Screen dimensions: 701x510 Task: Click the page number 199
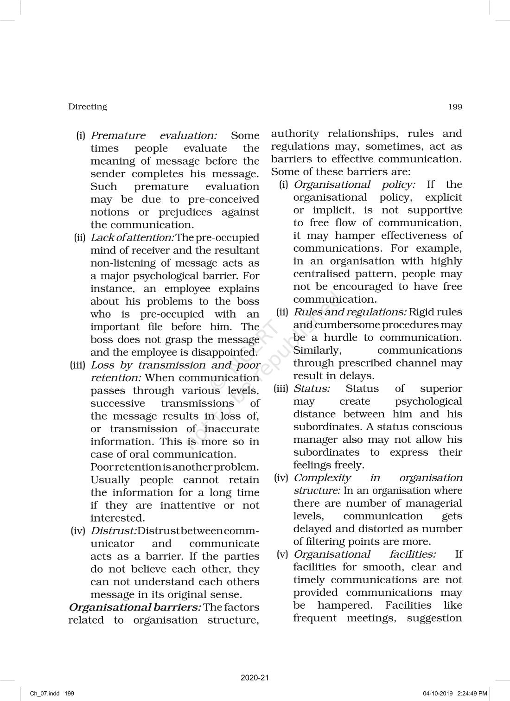[455, 107]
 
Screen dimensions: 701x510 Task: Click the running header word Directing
[88, 107]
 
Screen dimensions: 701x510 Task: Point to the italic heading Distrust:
[114, 531]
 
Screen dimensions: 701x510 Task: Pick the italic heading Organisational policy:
[355, 185]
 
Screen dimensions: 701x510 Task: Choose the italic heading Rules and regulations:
[351, 312]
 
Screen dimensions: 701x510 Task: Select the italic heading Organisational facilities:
[364, 554]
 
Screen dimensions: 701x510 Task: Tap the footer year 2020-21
[255, 678]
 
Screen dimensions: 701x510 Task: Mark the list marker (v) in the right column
[282, 554]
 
